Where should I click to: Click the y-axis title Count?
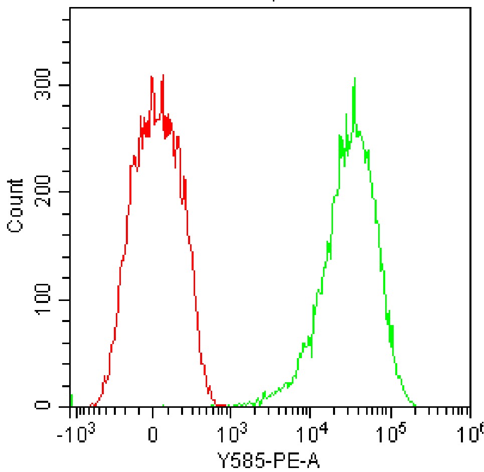(16, 206)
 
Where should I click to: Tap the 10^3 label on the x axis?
(231, 433)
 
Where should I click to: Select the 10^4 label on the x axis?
(312, 433)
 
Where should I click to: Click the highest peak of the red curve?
(163, 75)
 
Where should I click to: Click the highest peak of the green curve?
(355, 78)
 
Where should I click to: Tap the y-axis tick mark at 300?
(66, 85)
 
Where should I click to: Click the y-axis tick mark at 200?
(66, 192)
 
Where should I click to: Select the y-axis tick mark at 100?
(66, 300)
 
